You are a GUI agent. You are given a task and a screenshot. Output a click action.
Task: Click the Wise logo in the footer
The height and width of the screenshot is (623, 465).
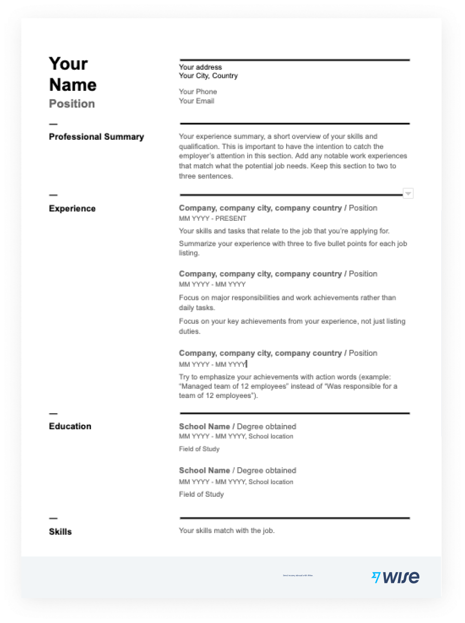pos(395,577)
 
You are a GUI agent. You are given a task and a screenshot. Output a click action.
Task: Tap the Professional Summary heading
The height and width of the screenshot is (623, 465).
pos(96,137)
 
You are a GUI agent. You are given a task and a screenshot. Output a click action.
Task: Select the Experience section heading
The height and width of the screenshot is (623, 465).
pos(72,208)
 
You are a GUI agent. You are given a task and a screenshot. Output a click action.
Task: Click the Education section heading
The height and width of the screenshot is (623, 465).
pos(70,426)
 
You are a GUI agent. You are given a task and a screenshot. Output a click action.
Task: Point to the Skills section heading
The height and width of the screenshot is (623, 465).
pos(60,532)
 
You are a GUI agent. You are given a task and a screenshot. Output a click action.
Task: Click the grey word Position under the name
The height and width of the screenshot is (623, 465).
pos(72,103)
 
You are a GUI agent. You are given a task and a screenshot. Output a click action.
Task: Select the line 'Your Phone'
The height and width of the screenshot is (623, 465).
pos(198,92)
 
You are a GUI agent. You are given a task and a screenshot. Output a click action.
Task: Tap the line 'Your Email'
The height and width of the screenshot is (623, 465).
pos(197,101)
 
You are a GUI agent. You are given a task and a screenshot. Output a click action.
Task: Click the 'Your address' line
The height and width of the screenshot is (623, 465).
pos(200,67)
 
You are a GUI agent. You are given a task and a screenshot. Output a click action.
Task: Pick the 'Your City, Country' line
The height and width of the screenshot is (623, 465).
pos(208,76)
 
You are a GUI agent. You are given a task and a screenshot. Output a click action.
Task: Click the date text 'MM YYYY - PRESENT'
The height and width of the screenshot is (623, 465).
pos(212,218)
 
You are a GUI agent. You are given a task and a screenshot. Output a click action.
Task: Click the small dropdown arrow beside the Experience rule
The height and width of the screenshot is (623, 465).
pos(408,194)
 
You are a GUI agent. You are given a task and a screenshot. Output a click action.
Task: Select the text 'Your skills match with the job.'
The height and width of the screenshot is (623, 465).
pos(226,531)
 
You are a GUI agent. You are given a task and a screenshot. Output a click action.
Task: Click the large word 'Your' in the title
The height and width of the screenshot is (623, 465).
pos(69,63)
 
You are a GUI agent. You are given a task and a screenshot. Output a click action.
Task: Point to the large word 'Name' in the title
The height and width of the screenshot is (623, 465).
pos(73,85)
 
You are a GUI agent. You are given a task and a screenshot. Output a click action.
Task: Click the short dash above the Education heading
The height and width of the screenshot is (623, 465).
pos(53,414)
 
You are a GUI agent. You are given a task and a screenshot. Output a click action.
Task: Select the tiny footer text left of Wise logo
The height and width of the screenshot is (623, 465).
pos(298,575)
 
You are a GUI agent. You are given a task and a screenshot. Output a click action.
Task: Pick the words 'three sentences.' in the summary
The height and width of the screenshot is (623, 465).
pos(205,176)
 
